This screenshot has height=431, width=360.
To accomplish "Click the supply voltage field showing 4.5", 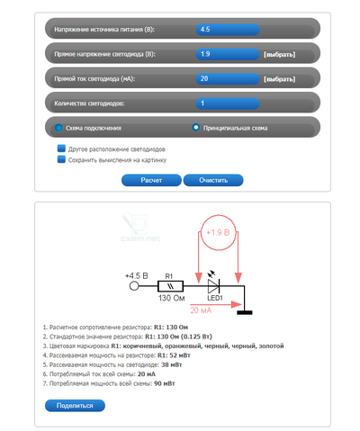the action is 228,30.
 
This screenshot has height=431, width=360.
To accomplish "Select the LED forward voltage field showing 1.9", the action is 228,54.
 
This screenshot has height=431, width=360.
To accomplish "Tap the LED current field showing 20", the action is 228,79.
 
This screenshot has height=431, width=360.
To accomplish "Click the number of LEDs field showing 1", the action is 228,103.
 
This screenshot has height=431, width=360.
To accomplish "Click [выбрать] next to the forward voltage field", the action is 279,55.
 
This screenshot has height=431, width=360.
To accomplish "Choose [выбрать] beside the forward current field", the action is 279,79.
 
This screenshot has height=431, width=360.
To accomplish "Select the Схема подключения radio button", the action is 58,128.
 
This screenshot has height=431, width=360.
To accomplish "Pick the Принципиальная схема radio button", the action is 196,128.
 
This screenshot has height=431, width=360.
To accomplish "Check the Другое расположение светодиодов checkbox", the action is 61,148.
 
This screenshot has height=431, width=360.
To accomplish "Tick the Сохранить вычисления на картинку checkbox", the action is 61,159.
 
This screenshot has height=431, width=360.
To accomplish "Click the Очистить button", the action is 213,180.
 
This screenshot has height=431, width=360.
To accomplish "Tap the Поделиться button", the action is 75,406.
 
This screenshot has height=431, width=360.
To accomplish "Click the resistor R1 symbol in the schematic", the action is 170,286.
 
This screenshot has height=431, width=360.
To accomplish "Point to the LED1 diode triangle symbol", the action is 214,286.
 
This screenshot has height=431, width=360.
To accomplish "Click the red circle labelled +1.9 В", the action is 218,232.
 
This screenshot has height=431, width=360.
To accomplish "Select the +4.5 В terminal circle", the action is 134,286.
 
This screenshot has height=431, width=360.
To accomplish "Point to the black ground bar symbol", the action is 245,312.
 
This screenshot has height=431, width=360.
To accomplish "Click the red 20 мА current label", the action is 201,310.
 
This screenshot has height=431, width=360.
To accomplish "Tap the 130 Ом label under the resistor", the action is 171,298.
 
